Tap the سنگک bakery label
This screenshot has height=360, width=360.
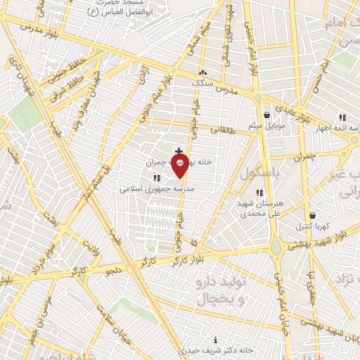(203, 82)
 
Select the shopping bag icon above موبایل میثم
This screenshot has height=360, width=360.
(266, 115)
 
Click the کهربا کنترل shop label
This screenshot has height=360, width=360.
(313, 227)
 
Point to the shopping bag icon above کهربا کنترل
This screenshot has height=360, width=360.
(312, 216)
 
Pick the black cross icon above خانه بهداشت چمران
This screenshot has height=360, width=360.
(179, 151)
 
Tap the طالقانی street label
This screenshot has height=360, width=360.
(223, 129)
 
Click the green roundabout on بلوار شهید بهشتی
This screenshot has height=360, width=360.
(276, 247)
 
